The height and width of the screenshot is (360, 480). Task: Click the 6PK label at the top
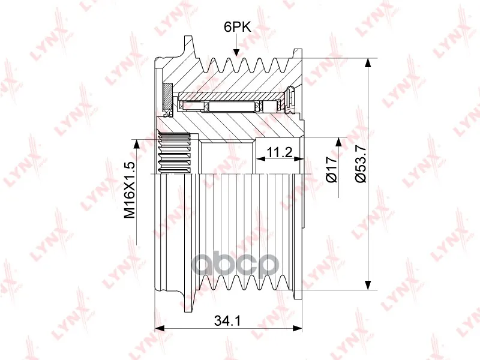click(x=237, y=27)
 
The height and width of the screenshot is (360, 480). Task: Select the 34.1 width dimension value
click(x=227, y=320)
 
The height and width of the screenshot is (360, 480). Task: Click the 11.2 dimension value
click(x=279, y=152)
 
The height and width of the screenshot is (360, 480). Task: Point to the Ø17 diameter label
click(x=332, y=169)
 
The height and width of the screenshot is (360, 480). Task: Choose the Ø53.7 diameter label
click(x=361, y=164)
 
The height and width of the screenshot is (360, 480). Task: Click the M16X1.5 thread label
click(x=129, y=190)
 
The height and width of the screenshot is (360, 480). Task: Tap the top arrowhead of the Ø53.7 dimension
click(x=369, y=64)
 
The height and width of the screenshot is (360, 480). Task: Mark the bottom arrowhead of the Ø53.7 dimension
click(x=369, y=284)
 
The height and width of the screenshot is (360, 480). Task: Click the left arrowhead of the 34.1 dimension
click(x=160, y=328)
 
